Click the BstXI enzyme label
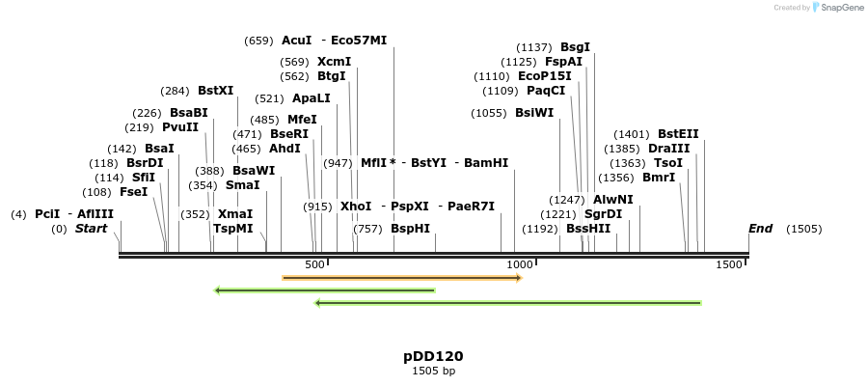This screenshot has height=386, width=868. click(x=215, y=91)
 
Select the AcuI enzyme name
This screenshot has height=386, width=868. click(x=296, y=41)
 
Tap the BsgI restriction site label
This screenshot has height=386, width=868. click(x=575, y=47)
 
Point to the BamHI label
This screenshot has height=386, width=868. click(x=486, y=163)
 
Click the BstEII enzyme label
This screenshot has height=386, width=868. click(x=678, y=134)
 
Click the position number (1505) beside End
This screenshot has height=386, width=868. click(x=803, y=229)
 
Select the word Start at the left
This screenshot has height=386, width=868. click(x=91, y=229)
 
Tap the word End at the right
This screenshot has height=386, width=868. click(x=760, y=229)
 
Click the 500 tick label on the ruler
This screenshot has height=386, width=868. click(x=314, y=264)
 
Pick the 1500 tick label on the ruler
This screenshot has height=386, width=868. click(x=729, y=264)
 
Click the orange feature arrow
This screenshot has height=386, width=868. click(x=401, y=278)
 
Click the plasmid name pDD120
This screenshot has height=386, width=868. click(x=433, y=356)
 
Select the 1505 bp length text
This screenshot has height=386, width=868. click(x=433, y=371)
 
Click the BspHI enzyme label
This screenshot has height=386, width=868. click(x=410, y=229)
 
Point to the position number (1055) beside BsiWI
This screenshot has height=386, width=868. click(x=489, y=113)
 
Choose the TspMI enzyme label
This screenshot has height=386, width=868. click(x=232, y=229)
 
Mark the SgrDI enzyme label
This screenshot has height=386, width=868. click(x=603, y=214)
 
